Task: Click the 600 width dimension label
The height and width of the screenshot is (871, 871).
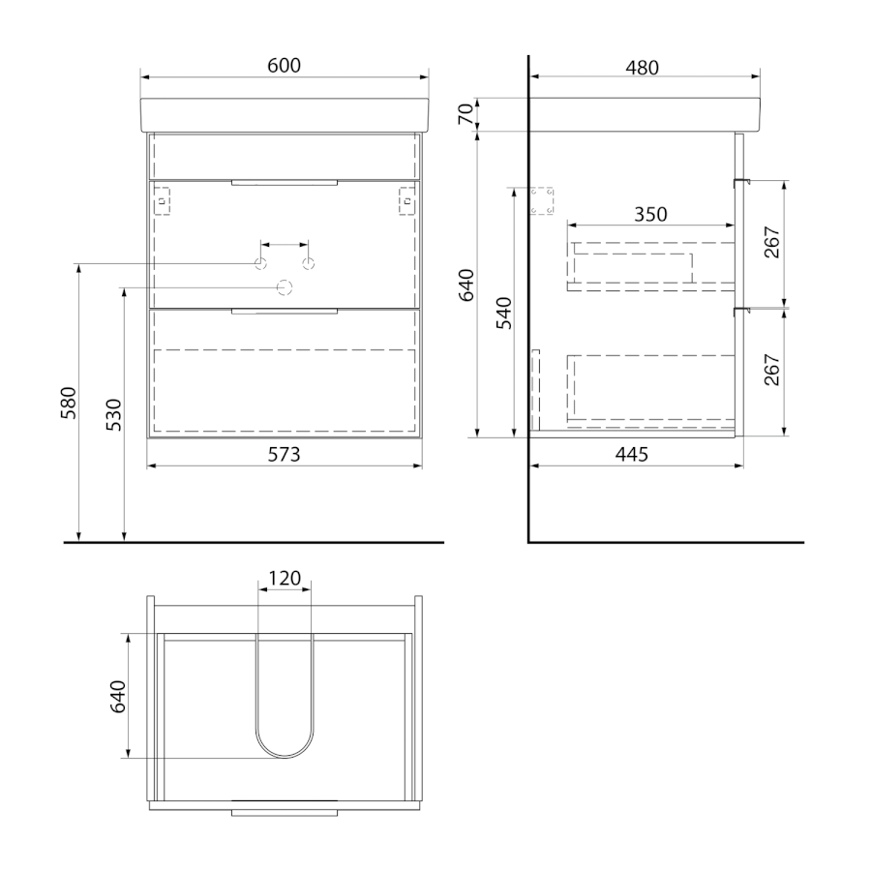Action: (x=284, y=66)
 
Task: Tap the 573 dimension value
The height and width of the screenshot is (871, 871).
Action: (x=284, y=455)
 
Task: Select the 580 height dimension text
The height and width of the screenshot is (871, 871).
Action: (x=69, y=403)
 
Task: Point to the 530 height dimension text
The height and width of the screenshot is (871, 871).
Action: (x=113, y=415)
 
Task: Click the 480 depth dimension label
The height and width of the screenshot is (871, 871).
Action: (x=643, y=68)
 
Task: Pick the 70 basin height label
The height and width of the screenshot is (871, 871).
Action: (x=467, y=114)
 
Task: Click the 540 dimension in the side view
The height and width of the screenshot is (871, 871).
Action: (x=504, y=314)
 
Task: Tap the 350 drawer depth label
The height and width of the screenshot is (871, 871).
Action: (x=650, y=215)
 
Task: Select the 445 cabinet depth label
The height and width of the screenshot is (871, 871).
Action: (x=632, y=455)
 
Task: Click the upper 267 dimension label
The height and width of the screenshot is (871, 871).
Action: (x=772, y=242)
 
